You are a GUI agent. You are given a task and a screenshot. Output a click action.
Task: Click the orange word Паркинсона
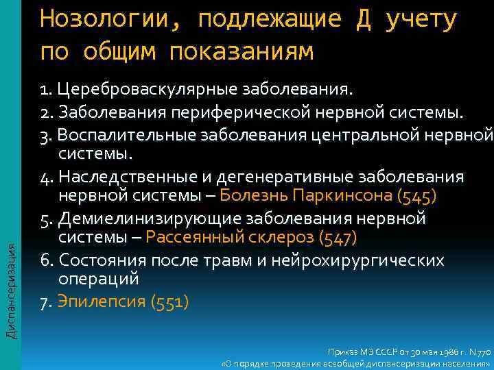[x=343, y=195]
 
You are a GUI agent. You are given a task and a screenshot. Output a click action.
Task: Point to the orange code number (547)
[x=338, y=238]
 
